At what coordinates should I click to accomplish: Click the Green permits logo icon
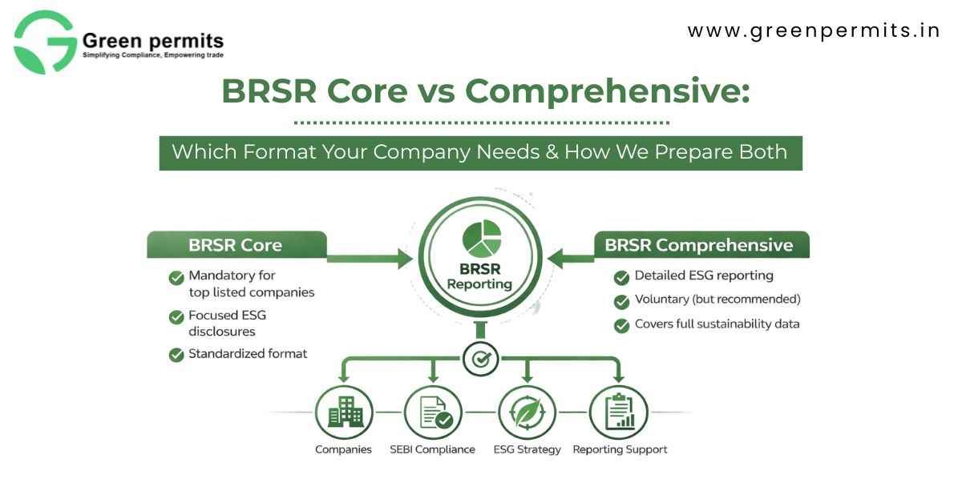tap(45, 42)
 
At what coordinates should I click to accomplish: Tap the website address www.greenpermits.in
tap(814, 31)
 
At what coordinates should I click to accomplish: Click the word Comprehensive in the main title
tap(607, 91)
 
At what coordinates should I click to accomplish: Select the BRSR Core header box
tap(236, 245)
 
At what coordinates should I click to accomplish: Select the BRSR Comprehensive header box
tap(699, 245)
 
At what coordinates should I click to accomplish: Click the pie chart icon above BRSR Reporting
tap(481, 239)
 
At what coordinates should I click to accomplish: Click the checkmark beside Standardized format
tap(176, 354)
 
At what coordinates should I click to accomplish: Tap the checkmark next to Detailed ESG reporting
tap(621, 277)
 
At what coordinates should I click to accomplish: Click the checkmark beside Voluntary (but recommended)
tap(621, 301)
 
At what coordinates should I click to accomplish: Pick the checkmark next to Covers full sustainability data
tap(621, 325)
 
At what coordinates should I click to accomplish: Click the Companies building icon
tap(344, 412)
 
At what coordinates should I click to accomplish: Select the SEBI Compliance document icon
tap(434, 412)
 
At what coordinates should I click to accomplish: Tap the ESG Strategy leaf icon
tap(527, 412)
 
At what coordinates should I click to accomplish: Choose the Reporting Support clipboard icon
tap(618, 412)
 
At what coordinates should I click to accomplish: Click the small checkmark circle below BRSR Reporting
tap(481, 359)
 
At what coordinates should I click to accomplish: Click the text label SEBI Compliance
tap(432, 449)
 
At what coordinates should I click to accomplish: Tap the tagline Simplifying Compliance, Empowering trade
tap(153, 55)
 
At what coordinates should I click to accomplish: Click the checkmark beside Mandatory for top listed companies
tap(176, 278)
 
